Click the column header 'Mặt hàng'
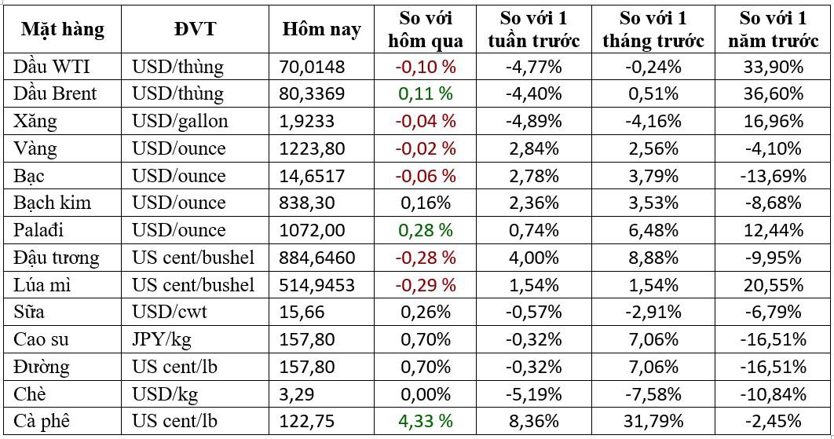(x=62, y=30)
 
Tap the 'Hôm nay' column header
(x=322, y=30)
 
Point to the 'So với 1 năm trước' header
(x=772, y=30)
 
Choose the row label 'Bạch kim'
(x=52, y=203)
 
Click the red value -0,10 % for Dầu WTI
(x=425, y=67)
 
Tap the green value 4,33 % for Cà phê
(x=425, y=420)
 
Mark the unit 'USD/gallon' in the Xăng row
(x=180, y=121)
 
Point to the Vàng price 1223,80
(x=307, y=148)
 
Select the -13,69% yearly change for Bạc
(x=772, y=176)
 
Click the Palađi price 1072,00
(x=307, y=230)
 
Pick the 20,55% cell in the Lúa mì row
(x=772, y=284)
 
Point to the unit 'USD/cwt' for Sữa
(x=169, y=312)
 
